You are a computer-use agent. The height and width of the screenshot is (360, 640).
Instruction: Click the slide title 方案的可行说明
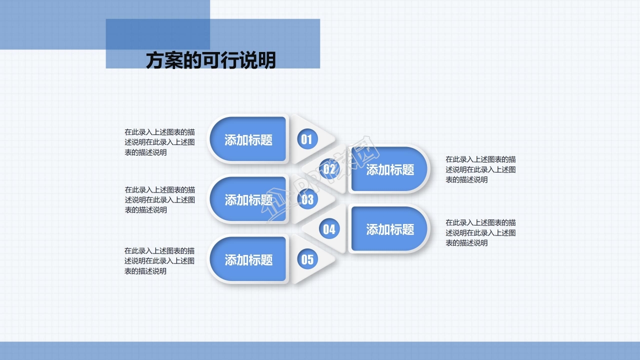[x=210, y=60]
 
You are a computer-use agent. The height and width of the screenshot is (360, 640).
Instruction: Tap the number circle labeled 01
[x=306, y=139]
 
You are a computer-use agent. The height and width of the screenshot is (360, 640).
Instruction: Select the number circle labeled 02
[x=329, y=169]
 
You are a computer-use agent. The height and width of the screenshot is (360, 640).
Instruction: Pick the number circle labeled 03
[x=307, y=199]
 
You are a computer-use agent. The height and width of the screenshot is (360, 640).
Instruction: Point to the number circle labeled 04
[x=329, y=229]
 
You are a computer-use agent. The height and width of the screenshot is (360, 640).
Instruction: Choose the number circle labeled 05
[x=307, y=259]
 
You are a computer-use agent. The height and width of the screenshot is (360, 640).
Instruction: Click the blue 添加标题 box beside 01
[x=248, y=139]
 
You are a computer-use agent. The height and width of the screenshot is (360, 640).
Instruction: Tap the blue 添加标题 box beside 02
[x=390, y=169]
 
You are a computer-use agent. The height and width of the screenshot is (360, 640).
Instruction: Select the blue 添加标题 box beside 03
[x=248, y=200]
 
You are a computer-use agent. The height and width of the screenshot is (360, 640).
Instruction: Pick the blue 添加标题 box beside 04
[x=390, y=229]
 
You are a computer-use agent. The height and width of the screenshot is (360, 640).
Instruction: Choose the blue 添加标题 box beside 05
[x=248, y=259]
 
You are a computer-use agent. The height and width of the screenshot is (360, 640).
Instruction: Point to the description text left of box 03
[x=159, y=200]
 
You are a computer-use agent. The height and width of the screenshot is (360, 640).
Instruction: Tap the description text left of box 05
[x=159, y=260]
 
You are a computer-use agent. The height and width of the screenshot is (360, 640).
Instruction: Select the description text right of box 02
[x=480, y=169]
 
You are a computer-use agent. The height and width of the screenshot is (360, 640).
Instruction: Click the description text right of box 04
[x=480, y=232]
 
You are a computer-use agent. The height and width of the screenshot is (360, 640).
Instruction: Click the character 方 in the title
[x=154, y=60]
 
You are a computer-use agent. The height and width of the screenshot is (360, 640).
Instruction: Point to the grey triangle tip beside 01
[x=330, y=138]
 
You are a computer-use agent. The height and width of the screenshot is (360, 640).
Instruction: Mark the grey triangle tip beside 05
[x=330, y=259]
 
